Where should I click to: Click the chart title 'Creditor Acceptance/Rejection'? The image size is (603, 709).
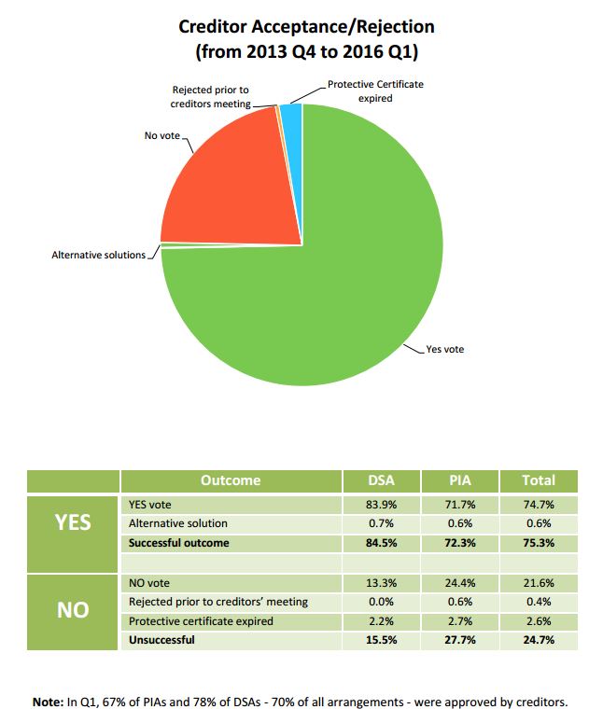306,26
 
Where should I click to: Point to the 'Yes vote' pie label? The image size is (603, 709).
444,349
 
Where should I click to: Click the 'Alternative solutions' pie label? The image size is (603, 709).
99,255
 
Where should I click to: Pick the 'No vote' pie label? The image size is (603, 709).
161,135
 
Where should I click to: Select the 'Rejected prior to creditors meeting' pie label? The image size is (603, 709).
210,97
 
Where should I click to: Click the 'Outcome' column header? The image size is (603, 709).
231,480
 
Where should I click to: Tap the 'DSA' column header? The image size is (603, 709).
382,480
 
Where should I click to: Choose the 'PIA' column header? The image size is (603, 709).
459,480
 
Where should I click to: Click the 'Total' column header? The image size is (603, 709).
539,480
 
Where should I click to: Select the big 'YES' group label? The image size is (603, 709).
73,522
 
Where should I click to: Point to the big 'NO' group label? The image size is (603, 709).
73,610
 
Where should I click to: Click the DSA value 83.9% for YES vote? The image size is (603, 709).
382,505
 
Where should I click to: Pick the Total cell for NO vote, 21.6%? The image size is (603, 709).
539,583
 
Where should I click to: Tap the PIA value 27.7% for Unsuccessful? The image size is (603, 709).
459,640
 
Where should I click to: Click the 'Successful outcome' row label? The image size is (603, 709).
178,543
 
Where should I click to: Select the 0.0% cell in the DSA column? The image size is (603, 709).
382,602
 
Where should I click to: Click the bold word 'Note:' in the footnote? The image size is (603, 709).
48,702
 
